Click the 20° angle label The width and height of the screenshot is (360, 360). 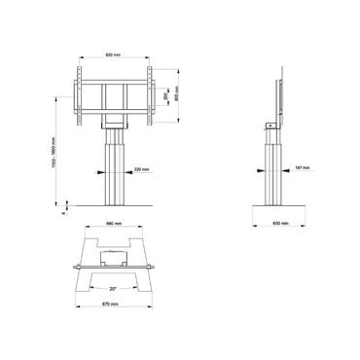click(116, 288)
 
